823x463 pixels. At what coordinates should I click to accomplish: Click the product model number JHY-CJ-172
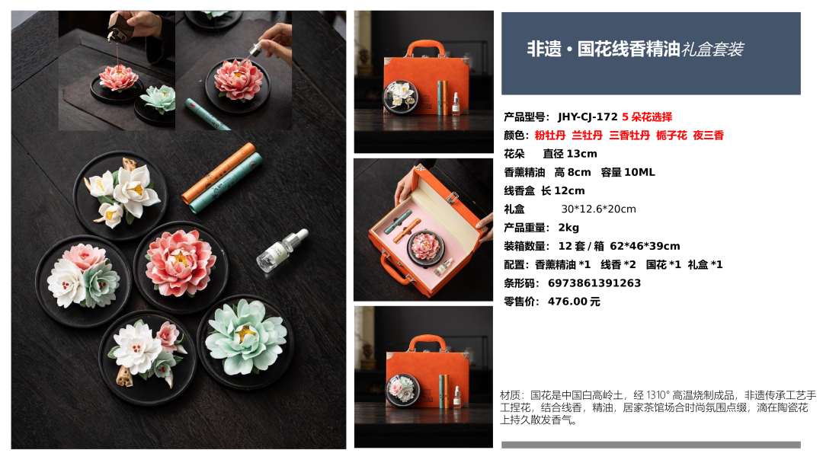pos(588,117)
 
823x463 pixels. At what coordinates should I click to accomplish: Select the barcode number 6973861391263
pos(594,283)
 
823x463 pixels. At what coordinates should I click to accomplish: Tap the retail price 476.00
pos(568,302)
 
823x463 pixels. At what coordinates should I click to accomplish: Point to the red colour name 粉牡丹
pos(550,136)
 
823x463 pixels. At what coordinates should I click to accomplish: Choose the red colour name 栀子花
pos(671,136)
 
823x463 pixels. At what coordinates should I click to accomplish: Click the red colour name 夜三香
pos(709,136)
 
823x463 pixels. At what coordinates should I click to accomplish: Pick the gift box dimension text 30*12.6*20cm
pos(598,209)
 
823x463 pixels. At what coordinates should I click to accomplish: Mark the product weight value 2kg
pos(568,228)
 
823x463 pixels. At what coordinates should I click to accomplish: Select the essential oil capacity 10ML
pos(640,172)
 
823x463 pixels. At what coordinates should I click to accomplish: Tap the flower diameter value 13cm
pos(581,154)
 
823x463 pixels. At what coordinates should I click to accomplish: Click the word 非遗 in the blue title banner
pos(544,49)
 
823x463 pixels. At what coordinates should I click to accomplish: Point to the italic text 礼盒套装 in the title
pos(713,49)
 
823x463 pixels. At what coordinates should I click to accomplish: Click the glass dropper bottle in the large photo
pos(282,251)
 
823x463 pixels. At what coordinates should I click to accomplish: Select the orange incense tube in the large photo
pos(219,173)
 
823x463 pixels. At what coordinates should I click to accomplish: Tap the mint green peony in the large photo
pos(245,336)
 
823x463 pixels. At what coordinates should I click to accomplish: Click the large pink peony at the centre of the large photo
pos(180,262)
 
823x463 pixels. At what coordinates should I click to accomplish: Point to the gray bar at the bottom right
pos(651,445)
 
